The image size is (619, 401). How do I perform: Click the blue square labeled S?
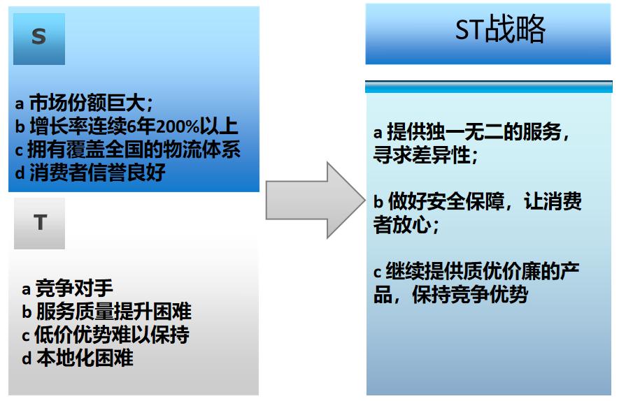click(39, 38)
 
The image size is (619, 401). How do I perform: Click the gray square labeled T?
click(39, 223)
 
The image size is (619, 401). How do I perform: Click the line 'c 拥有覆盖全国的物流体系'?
click(128, 150)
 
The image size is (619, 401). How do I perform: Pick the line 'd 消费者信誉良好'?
click(90, 173)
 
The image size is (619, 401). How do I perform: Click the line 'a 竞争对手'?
click(67, 289)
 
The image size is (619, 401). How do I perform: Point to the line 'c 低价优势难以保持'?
click(105, 335)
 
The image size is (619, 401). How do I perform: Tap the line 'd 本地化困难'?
click(77, 358)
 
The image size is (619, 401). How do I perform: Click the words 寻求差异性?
click(420, 155)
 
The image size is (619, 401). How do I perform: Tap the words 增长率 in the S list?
click(54, 126)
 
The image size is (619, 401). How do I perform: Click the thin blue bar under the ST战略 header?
click(488, 87)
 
